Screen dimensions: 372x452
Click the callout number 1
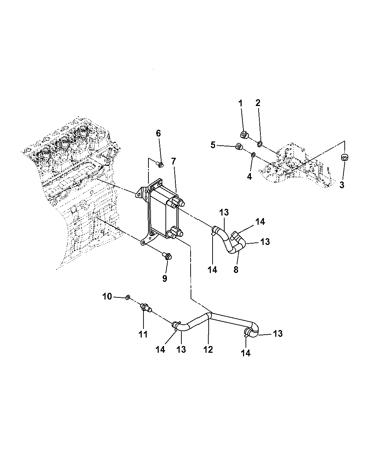pos(241,104)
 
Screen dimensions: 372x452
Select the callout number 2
pos(258,103)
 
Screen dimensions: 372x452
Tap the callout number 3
pos(342,185)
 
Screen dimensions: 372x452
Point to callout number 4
pos(249,177)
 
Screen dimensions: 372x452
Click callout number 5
pos(213,145)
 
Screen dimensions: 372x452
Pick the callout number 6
pos(158,133)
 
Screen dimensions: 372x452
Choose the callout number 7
pos(173,161)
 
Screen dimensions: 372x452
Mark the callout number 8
pos(236,270)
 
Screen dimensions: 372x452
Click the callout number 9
pos(165,278)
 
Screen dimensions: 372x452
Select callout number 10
pos(107,296)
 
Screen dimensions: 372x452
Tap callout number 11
pos(143,334)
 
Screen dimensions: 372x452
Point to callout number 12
pos(208,350)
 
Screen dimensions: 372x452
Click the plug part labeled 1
pos(244,135)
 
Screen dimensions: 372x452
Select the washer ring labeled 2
pos(260,143)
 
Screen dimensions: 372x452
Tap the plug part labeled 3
pos(344,157)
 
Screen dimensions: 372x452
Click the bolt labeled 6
pos(160,164)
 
